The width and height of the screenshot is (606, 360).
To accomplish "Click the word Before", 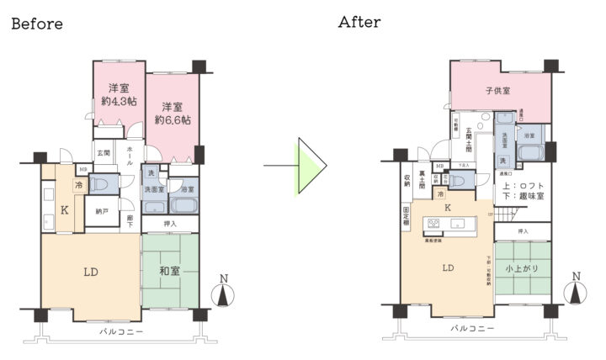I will (x=36, y=24).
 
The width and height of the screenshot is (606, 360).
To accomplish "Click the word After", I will (x=359, y=23).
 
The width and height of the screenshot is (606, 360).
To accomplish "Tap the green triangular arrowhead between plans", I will (x=310, y=166).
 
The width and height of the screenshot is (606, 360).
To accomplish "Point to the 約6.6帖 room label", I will (x=172, y=120).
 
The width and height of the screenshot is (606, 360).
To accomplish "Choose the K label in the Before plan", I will (x=64, y=212).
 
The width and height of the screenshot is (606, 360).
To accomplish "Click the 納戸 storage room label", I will (x=101, y=212).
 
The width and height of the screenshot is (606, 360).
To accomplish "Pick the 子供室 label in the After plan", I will (x=499, y=90).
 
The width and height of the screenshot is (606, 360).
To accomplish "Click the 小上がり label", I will (x=522, y=268).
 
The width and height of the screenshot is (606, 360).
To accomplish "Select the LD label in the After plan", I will (x=449, y=268).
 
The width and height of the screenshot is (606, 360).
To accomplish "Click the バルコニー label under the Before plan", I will (x=121, y=331).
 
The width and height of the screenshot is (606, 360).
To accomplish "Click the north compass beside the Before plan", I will (x=222, y=291).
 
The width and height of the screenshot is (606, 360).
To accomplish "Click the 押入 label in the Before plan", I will (x=170, y=224).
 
